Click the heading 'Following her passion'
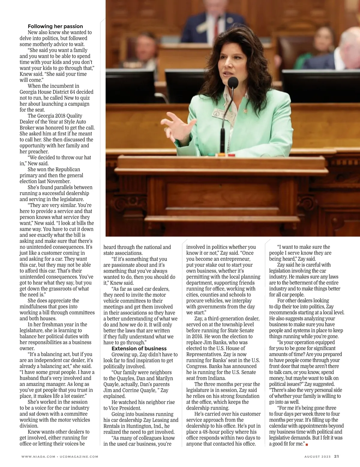[55, 26]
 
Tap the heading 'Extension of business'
[139, 348]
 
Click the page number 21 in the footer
[336, 457]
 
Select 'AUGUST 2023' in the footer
[317, 457]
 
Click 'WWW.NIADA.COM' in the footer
[38, 457]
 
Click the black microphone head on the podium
[233, 83]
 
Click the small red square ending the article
[307, 444]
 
